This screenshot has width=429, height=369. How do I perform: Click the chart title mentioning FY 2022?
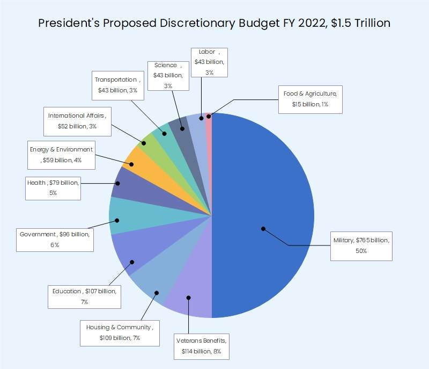214,23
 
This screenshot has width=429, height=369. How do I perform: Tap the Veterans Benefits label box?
202,346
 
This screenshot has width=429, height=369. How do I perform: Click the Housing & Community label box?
120,332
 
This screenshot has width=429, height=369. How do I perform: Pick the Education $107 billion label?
85,296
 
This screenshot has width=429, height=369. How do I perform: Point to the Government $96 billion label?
55,240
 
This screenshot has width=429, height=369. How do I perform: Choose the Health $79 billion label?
53,187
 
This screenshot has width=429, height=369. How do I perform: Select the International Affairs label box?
77,121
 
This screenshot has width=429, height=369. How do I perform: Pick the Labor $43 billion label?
209,62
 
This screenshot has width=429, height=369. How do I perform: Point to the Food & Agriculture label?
310,99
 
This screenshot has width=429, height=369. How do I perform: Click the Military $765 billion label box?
360,245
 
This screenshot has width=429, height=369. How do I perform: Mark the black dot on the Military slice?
263,228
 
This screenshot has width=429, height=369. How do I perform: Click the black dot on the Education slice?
132,262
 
